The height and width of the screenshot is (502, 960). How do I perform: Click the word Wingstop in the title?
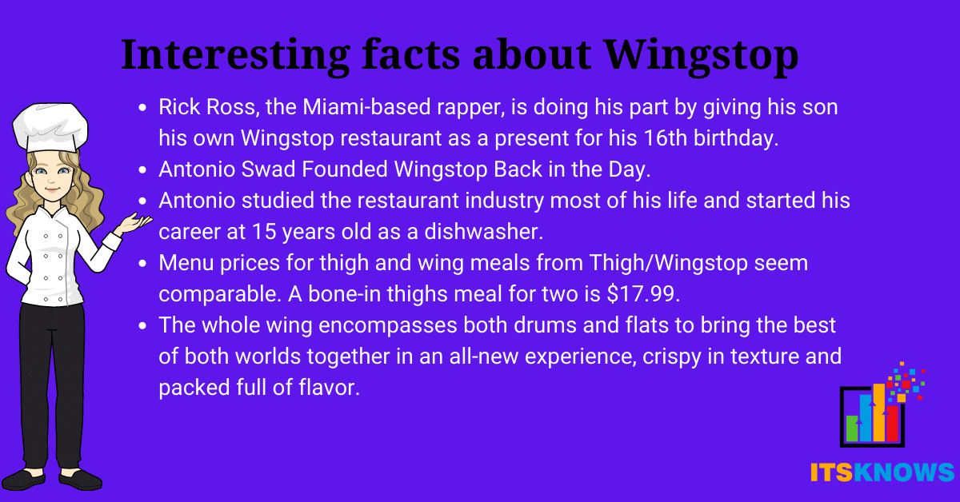point(702,56)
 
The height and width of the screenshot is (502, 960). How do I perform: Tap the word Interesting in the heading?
point(235,56)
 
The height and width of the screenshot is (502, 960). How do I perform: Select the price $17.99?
point(643,294)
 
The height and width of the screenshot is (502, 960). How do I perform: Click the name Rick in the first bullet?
point(179,106)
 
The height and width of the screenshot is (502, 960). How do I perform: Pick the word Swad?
point(268,169)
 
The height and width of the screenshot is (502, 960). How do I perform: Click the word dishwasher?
point(483,232)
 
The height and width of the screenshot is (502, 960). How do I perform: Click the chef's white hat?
point(50,127)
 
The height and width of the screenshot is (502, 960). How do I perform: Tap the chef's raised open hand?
point(135,223)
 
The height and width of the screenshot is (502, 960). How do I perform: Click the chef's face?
point(51,177)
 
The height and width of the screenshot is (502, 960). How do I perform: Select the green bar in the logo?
point(851,428)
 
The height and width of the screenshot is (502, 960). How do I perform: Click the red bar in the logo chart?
point(892,424)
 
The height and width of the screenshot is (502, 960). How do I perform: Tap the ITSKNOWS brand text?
point(882,472)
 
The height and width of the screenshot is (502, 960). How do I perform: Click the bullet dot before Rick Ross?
point(142,107)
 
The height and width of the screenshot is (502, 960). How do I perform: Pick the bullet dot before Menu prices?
point(142,264)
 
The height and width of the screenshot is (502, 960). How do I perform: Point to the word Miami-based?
point(366,106)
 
